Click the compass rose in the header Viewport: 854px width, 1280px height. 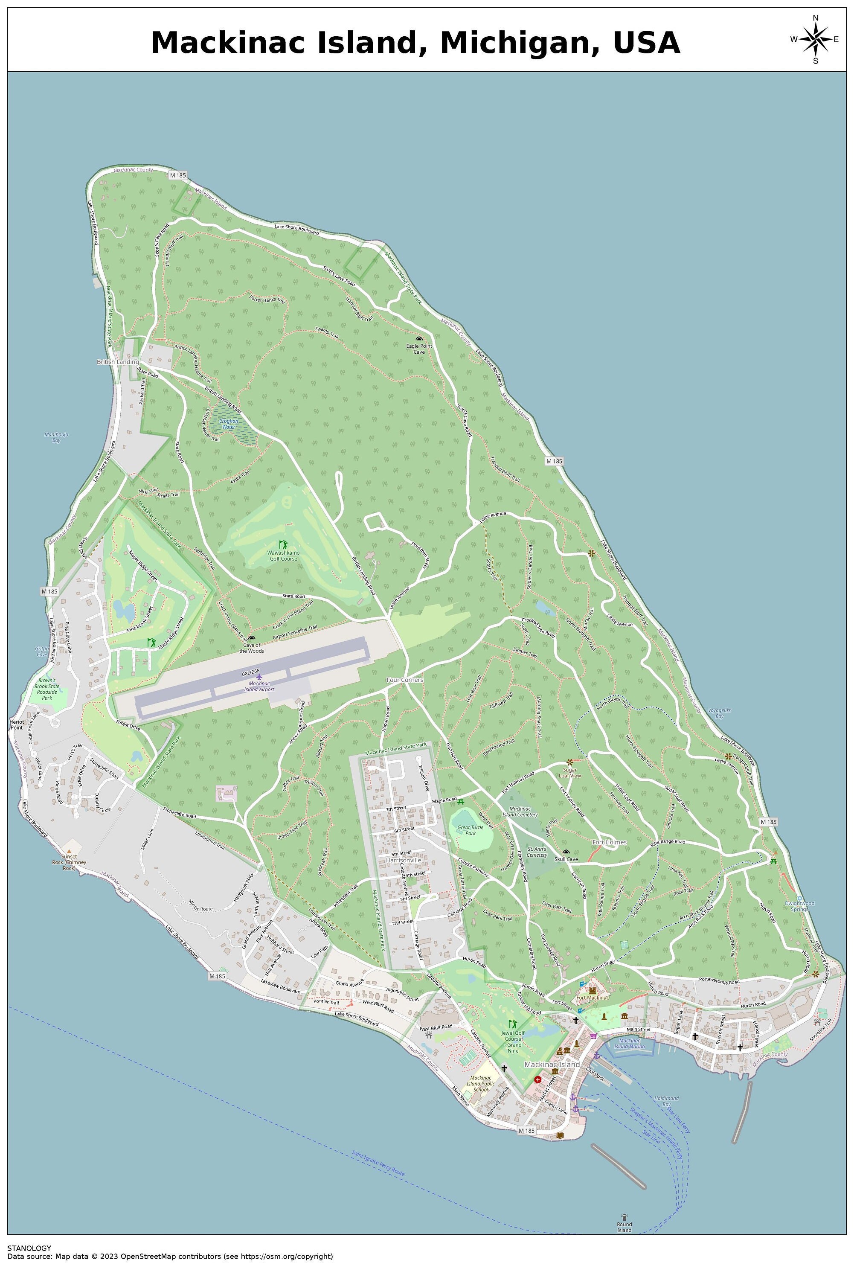click(x=815, y=39)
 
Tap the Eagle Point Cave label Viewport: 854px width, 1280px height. click(x=419, y=349)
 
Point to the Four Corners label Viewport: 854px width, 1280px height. click(x=405, y=680)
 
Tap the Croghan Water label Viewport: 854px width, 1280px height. click(x=228, y=424)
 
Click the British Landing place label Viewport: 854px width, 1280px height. click(x=118, y=362)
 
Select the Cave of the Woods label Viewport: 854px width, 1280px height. click(x=252, y=648)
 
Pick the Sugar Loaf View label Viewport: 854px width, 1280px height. click(x=570, y=772)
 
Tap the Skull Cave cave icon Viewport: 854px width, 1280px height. click(x=566, y=852)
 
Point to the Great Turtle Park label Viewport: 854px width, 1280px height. click(x=470, y=830)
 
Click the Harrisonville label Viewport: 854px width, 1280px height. click(x=404, y=860)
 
